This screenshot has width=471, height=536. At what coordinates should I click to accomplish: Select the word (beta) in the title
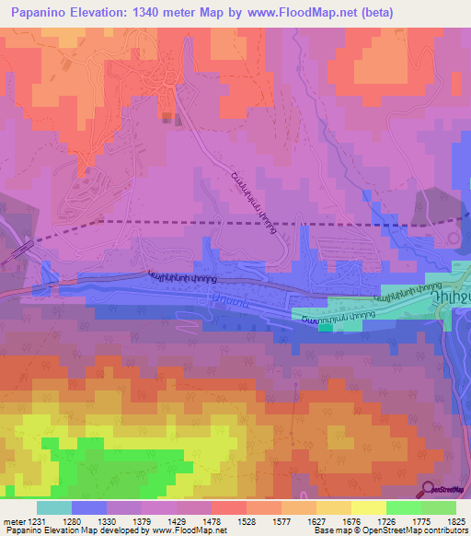pyautogui.click(x=376, y=13)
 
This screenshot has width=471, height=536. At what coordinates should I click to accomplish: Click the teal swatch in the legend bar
pyautogui.click(x=54, y=507)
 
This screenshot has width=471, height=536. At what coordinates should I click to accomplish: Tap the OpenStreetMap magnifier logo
pyautogui.click(x=430, y=489)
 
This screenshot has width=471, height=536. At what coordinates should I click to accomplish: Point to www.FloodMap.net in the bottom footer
pyautogui.click(x=190, y=530)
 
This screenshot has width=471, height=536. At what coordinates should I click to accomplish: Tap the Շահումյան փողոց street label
pyautogui.click(x=337, y=316)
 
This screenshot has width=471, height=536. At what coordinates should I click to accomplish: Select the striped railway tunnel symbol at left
pyautogui.click(x=20, y=251)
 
